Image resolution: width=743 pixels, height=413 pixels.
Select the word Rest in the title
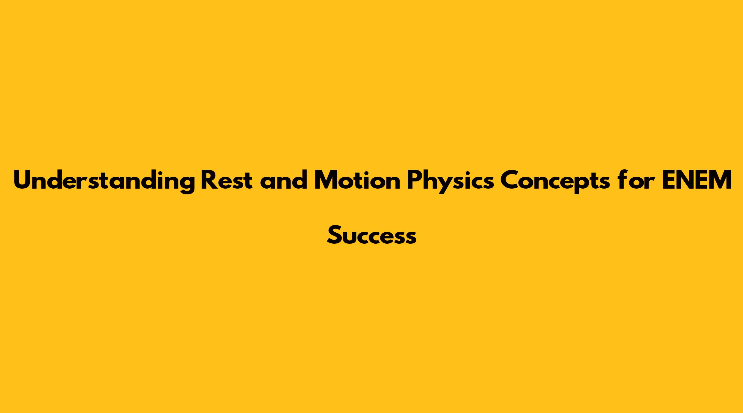tap(226, 180)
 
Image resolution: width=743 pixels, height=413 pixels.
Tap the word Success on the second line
tap(371, 235)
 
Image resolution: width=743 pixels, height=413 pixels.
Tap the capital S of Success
tap(334, 235)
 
